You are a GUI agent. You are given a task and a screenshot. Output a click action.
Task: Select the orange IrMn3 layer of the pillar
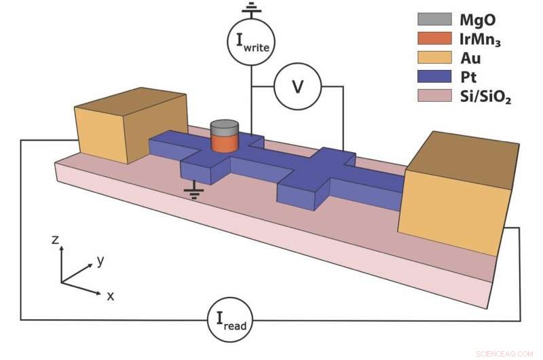point(224,143)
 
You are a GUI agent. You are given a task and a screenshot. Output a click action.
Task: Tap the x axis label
point(111,295)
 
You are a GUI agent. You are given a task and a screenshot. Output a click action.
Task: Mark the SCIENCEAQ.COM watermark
point(505,353)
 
